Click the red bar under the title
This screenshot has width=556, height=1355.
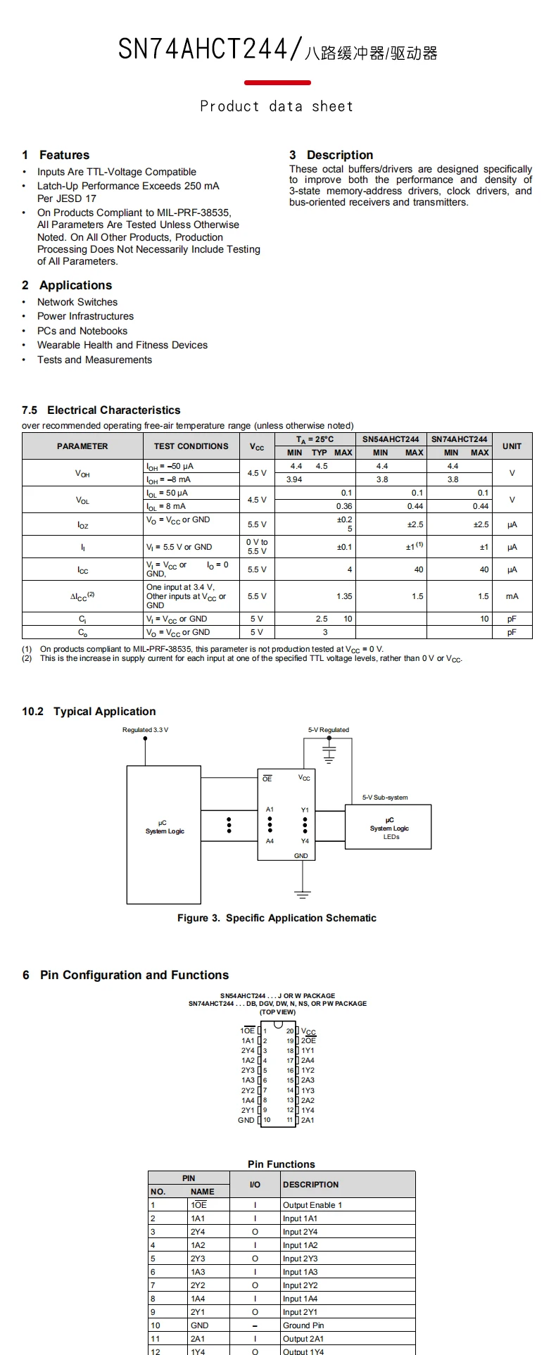[277, 83]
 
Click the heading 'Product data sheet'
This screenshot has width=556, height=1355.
[277, 106]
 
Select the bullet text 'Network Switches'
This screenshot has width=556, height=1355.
[77, 302]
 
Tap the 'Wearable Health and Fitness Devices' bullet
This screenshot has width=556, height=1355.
[122, 345]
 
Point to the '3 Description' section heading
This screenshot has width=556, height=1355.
[331, 155]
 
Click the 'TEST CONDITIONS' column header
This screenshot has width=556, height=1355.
[191, 446]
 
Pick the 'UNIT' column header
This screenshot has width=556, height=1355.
[512, 446]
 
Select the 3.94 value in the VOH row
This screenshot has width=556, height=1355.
[294, 479]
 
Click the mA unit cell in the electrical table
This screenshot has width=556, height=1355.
[512, 596]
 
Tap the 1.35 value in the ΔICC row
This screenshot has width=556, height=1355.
[344, 596]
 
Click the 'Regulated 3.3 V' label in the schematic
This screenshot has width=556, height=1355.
[145, 730]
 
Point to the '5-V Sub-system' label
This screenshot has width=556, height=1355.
[385, 798]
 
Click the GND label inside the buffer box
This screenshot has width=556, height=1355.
[301, 856]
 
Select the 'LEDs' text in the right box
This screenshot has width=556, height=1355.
[391, 837]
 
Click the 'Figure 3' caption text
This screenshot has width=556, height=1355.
[277, 918]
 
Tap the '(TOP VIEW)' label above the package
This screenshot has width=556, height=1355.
[277, 1012]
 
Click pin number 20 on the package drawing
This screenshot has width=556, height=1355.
[290, 1031]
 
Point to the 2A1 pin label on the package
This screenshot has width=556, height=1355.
[308, 1120]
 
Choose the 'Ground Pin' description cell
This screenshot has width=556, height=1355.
[303, 1325]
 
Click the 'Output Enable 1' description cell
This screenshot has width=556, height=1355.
[312, 1205]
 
